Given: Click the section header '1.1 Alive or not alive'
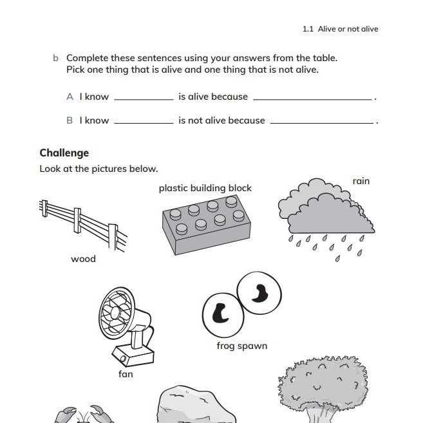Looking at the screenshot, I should tap(340, 29).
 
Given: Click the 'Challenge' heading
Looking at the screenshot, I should tap(64, 153).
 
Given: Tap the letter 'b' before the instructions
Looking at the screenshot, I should tap(55, 58).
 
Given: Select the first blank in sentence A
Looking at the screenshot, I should tap(143, 98).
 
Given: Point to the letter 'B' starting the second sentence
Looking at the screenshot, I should tap(70, 120).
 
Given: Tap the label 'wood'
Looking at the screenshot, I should tap(83, 259).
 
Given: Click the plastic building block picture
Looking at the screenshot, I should tap(205, 222).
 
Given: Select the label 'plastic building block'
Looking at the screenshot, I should tap(205, 189).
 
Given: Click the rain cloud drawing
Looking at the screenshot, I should tap(325, 209).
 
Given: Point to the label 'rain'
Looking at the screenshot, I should tap(361, 181).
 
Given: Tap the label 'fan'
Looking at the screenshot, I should tap(126, 373).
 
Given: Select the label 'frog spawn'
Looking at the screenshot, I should tap(241, 346).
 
